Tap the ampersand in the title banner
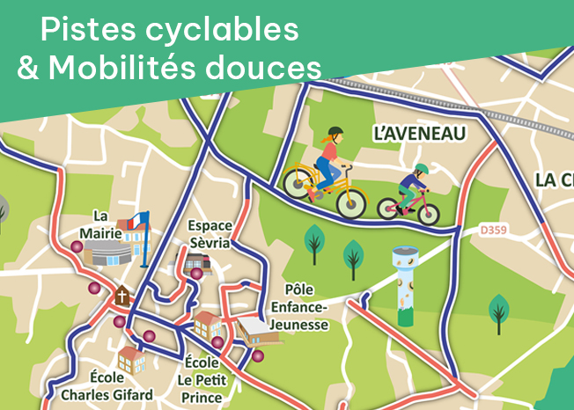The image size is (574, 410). click(29, 68)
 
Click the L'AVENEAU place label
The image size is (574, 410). click(418, 134)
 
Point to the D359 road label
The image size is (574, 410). click(494, 231)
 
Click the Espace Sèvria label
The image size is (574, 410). click(210, 233)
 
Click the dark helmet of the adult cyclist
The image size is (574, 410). click(335, 132)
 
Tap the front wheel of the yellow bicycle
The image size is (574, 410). click(350, 201)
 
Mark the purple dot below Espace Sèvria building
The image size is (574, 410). click(196, 274)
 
